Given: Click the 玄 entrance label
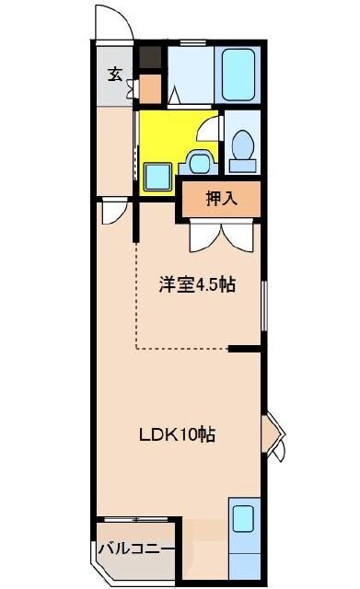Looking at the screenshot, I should click(x=115, y=75).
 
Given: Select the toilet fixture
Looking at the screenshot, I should click(x=244, y=150).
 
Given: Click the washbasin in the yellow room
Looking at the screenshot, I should click(x=198, y=162).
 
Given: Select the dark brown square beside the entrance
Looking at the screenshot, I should click(x=150, y=58).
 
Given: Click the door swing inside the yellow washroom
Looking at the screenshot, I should click(x=208, y=129).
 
